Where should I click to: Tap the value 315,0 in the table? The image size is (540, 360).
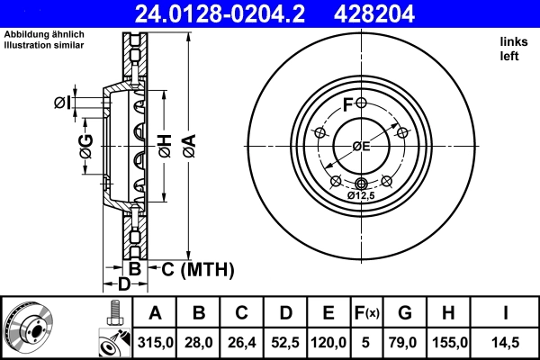[x=156, y=343]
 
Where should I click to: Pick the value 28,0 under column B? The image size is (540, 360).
[x=199, y=343]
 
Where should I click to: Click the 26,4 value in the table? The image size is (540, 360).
[x=242, y=343]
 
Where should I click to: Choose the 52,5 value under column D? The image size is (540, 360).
[x=285, y=343]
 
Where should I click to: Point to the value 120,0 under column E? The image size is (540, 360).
[x=328, y=343]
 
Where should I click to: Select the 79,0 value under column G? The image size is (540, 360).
[x=406, y=343]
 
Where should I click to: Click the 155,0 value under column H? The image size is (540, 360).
[x=449, y=343]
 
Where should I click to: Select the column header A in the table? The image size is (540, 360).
[x=156, y=313]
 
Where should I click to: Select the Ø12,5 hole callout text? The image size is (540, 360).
[x=362, y=195]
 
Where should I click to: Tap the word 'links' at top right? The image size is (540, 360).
[x=513, y=41]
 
